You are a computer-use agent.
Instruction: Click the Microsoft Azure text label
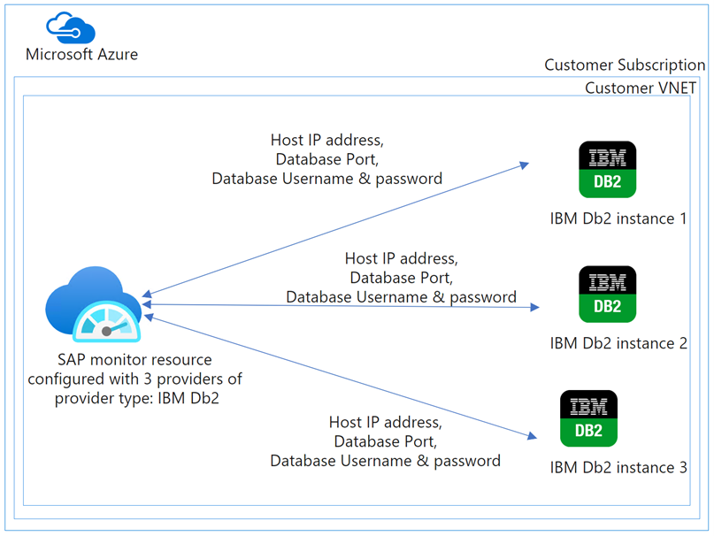pyautogui.click(x=81, y=54)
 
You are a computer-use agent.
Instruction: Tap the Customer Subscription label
pyautogui.click(x=625, y=65)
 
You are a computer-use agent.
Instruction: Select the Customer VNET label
pyautogui.click(x=641, y=88)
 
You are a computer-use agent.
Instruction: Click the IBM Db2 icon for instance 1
pyautogui.click(x=607, y=169)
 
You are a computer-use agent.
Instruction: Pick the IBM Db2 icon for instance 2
pyautogui.click(x=607, y=294)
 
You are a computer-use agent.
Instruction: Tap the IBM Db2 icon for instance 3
pyautogui.click(x=588, y=418)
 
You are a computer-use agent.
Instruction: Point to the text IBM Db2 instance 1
pyautogui.click(x=618, y=218)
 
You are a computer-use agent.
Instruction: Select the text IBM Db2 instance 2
pyautogui.click(x=618, y=343)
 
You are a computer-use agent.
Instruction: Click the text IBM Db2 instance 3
pyautogui.click(x=618, y=467)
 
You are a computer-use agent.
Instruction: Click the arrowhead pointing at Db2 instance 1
pyautogui.click(x=525, y=164)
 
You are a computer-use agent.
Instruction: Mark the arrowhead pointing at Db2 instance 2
pyautogui.click(x=535, y=307)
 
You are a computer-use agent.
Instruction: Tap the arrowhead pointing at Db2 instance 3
pyautogui.click(x=533, y=435)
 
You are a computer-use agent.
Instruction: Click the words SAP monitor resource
pyautogui.click(x=134, y=360)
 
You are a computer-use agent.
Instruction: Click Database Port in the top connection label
pyautogui.click(x=327, y=159)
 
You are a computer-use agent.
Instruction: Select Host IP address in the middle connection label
pyautogui.click(x=401, y=259)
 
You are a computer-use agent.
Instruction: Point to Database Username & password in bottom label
pyautogui.click(x=385, y=461)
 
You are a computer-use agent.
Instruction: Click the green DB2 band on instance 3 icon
pyautogui.click(x=588, y=432)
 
